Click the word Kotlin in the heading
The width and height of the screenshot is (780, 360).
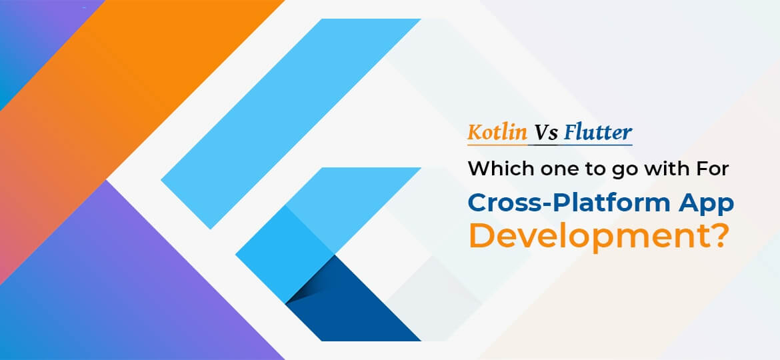point(496,132)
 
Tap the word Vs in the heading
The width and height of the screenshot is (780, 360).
point(545,132)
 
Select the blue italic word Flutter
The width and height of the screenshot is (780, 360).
point(597,132)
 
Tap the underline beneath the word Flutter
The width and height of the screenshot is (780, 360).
point(597,143)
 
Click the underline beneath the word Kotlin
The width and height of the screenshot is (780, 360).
point(496,143)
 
